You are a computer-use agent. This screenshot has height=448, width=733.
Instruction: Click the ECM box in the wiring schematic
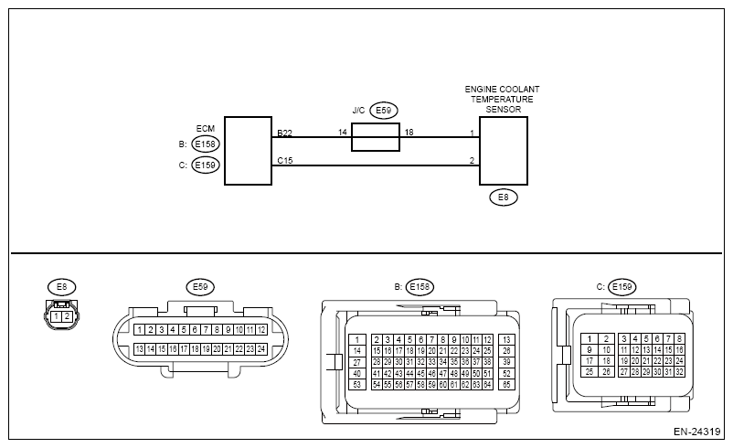(248, 151)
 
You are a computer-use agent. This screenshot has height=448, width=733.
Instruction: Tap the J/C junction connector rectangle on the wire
(375, 138)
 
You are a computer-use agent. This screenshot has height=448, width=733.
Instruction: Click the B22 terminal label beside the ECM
(285, 133)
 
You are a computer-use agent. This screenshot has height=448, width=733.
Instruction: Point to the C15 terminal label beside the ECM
(285, 160)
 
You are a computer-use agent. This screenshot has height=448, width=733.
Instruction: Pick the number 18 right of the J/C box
(409, 133)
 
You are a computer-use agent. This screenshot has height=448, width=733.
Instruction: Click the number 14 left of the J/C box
(343, 133)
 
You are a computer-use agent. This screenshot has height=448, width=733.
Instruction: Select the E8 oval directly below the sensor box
(503, 197)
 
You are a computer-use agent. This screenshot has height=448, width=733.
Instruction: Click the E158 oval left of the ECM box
(206, 144)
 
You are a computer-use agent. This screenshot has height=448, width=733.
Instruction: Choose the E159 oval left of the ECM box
(206, 165)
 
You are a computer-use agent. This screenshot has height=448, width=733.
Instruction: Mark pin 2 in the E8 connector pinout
(67, 316)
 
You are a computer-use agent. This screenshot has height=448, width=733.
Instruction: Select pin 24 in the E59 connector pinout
(261, 348)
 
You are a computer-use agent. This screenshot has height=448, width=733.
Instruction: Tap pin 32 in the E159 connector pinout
(679, 372)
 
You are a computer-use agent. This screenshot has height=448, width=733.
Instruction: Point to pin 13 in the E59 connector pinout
(138, 348)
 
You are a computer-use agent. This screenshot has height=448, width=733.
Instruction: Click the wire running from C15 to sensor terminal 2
(375, 166)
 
